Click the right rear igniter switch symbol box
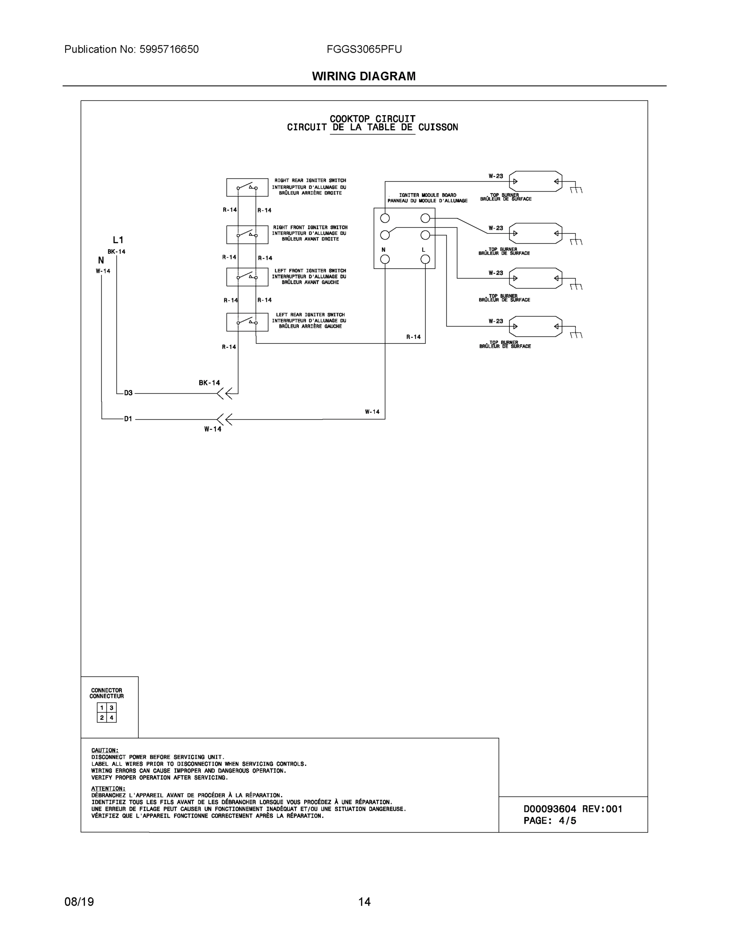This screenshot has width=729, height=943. (247, 187)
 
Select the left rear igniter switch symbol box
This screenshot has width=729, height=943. (247, 322)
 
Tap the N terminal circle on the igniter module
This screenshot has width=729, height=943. (385, 259)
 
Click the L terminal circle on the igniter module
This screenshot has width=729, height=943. (425, 259)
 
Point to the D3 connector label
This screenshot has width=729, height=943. (128, 393)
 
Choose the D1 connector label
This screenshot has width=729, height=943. (128, 419)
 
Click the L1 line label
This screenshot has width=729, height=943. (118, 240)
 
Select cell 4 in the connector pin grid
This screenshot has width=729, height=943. (112, 718)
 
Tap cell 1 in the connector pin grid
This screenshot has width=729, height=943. (102, 708)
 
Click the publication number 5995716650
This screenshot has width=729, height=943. (169, 49)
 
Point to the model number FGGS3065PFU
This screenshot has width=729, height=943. (364, 49)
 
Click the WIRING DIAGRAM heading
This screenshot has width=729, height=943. (364, 77)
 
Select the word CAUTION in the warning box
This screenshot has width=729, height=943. (105, 750)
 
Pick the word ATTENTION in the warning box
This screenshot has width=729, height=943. (108, 789)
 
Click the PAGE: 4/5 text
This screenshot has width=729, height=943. (550, 820)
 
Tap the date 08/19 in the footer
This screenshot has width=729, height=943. (79, 902)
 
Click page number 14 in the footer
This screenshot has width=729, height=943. (364, 902)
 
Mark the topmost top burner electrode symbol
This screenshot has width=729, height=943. (536, 182)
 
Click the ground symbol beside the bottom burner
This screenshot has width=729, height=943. (576, 335)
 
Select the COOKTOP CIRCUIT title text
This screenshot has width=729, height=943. (372, 119)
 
